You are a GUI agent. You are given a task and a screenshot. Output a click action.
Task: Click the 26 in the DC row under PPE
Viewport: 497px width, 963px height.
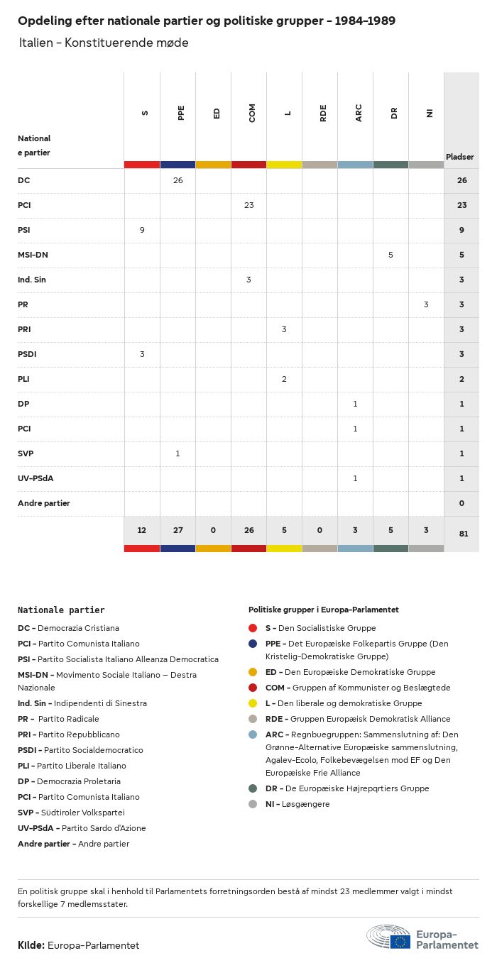coord(177,180)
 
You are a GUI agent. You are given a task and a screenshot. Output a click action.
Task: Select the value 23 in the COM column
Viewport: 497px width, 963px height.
coord(248,205)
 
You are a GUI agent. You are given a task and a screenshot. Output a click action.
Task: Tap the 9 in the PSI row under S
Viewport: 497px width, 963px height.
coord(142,230)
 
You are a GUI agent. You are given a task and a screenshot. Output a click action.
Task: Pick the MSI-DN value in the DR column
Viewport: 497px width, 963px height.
coord(390,255)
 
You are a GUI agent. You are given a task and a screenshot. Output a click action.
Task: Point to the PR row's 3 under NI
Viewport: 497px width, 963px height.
coord(426,304)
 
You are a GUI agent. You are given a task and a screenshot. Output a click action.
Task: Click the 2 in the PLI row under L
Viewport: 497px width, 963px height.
coord(284,379)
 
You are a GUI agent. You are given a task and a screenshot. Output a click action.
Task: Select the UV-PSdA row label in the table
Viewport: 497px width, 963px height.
coord(35,478)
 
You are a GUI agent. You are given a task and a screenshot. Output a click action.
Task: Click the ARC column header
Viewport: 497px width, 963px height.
coord(359,113)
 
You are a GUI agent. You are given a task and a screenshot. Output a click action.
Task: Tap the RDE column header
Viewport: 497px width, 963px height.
coord(323,113)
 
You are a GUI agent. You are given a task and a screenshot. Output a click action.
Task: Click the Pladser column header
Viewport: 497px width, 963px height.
coord(460,157)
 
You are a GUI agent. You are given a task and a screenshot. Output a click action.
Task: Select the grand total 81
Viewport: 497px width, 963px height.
coord(463,533)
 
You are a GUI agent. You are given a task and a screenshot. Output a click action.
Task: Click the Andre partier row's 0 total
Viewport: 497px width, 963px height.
coord(461,503)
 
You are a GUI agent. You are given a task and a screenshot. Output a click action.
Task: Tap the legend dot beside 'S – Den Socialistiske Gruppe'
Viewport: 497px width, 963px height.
coord(253,628)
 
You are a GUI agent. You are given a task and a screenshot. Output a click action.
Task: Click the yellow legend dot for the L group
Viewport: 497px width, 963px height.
coord(253,703)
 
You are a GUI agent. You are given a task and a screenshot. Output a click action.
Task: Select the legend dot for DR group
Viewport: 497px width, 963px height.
coord(253,788)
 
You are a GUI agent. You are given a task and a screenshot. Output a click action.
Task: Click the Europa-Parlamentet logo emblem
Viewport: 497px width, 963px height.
coord(388,937)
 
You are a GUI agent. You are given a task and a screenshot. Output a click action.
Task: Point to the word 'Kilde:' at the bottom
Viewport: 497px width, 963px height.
coord(31,945)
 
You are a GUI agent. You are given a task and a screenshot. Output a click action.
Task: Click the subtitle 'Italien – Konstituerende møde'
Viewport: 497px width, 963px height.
coord(104,43)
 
